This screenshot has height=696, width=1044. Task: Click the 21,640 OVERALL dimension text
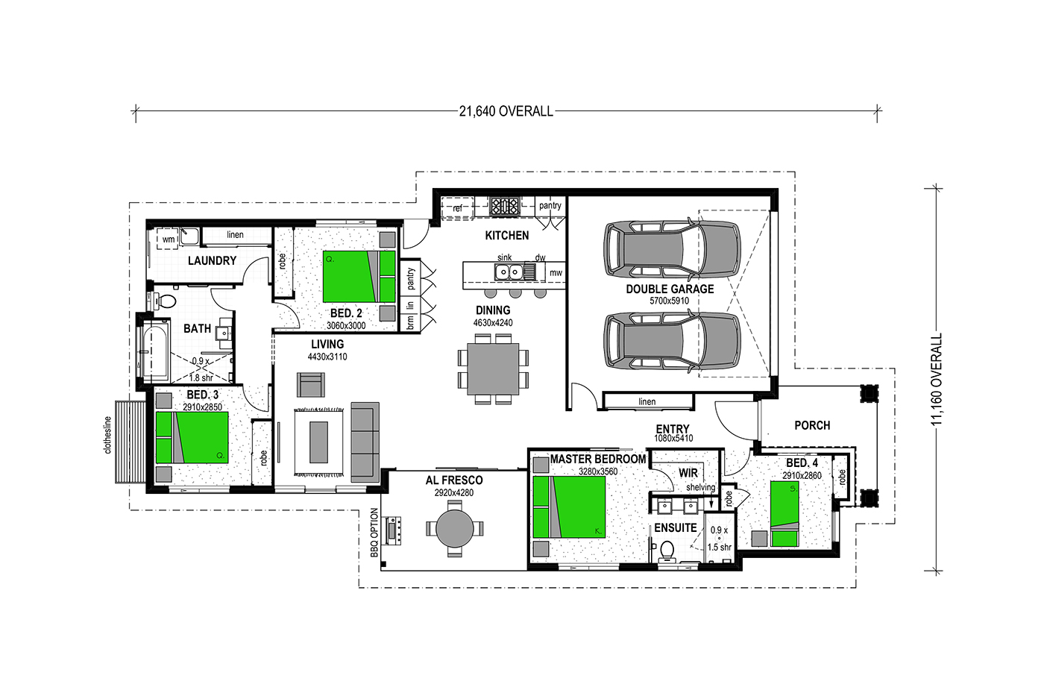pos(506,111)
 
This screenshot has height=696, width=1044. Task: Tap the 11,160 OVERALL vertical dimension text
pos(937,379)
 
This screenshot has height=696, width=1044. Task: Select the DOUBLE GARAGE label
pos(670,289)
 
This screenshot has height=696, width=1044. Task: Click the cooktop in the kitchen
pos(504,206)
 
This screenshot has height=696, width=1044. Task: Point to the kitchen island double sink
pos(509,272)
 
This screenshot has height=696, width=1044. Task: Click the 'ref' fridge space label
pos(457,208)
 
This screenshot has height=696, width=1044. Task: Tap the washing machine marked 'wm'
pos(169,239)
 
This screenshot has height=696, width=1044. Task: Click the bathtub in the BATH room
pos(155,353)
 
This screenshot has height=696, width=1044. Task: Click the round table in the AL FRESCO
pos(454,528)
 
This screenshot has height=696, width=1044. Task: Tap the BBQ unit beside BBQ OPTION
pos(392,530)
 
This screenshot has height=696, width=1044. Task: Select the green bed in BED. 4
pos(784,514)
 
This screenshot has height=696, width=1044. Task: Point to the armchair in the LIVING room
pos(311,385)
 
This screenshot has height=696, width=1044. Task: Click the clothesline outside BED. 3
pos(130,442)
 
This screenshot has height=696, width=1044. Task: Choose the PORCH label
pos(812,425)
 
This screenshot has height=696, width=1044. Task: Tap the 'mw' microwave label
pos(556,273)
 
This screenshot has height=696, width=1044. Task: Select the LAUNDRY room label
pos(212,260)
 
